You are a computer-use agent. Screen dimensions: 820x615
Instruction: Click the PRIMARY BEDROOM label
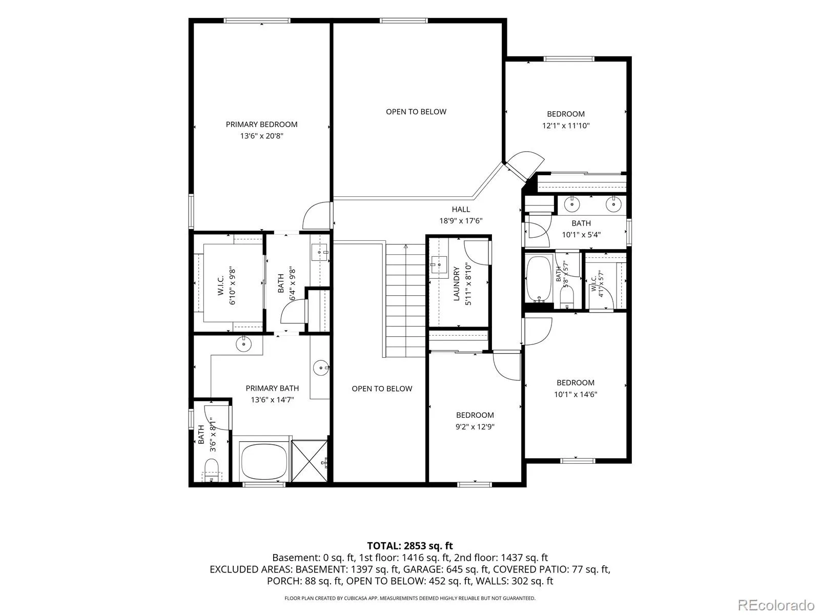click(x=261, y=125)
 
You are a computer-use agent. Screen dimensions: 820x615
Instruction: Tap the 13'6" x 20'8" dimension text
click(x=261, y=136)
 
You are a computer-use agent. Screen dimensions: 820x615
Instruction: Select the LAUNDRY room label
click(x=456, y=283)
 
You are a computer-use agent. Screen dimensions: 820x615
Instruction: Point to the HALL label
click(x=461, y=210)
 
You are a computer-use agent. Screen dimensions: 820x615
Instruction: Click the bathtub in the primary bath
click(x=264, y=460)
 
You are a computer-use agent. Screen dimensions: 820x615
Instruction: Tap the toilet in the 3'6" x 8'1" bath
click(x=212, y=470)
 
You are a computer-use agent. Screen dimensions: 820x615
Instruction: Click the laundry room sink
click(x=439, y=265)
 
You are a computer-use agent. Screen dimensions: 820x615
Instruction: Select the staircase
click(x=405, y=301)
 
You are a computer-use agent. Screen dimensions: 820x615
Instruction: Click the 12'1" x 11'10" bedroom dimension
click(x=566, y=126)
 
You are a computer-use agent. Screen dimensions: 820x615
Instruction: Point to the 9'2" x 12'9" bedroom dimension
click(x=475, y=427)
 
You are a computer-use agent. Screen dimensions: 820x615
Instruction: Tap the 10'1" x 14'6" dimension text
click(x=576, y=394)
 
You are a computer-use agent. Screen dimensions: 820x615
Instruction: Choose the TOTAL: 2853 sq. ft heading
click(x=410, y=546)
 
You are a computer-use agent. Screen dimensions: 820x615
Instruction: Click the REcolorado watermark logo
click(x=776, y=605)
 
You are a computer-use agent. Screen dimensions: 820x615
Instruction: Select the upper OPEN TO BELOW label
click(x=416, y=112)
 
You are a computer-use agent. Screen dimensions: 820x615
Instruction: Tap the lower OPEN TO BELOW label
click(x=382, y=388)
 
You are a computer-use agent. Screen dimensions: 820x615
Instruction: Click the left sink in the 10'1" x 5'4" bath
click(x=571, y=204)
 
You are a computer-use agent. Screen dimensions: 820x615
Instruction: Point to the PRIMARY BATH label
click(x=272, y=388)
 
